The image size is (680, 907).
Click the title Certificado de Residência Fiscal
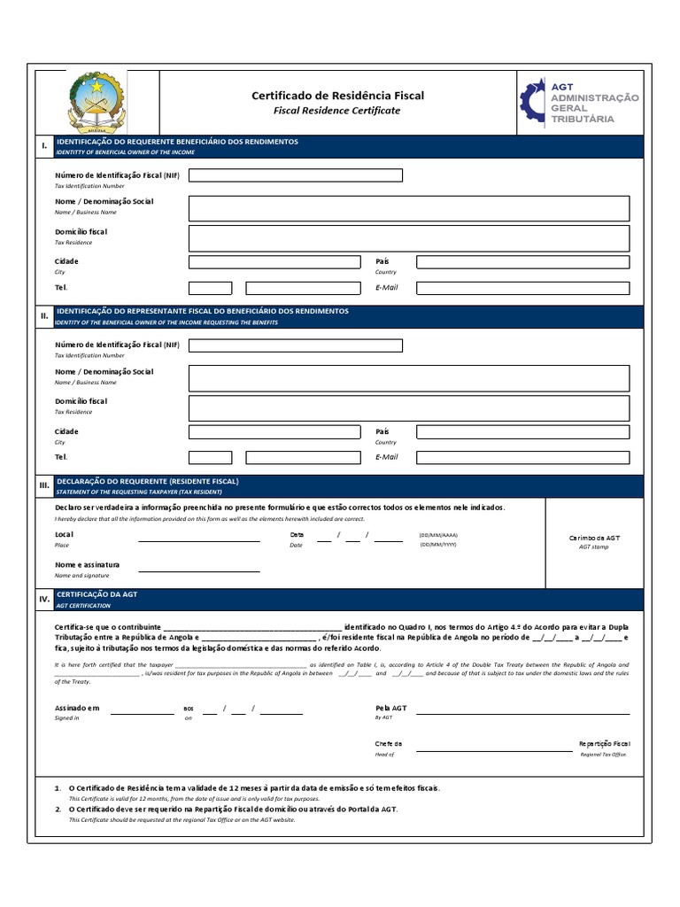tap(337, 95)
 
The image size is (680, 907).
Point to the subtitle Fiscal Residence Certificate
tap(337, 111)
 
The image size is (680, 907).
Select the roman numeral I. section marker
tap(42, 146)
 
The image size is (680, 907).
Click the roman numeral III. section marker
tap(43, 485)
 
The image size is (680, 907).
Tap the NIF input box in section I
tap(295, 175)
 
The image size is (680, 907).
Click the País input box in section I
tap(522, 262)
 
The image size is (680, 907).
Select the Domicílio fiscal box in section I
tap(408, 237)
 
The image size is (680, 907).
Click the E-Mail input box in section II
tap(522, 458)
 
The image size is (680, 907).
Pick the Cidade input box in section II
tap(274, 432)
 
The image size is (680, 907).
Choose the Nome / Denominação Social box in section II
tap(408, 378)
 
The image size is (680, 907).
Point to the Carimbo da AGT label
tap(594, 538)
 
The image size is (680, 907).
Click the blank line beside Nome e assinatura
tap(198, 566)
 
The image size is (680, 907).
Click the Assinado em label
tap(77, 709)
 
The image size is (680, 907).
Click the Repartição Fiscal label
tap(604, 744)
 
